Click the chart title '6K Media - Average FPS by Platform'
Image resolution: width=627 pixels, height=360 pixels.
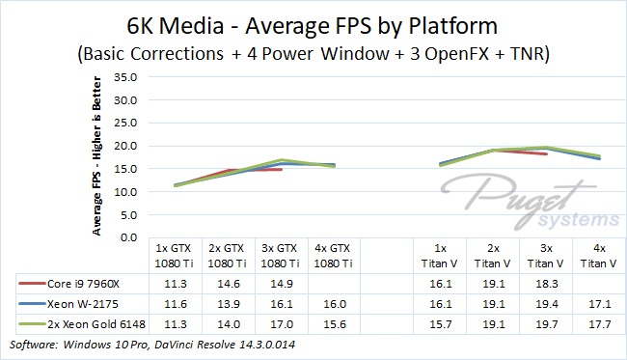point(312,26)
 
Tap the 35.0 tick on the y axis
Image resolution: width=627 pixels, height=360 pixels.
point(125,77)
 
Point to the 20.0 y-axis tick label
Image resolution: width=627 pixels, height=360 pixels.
point(125,146)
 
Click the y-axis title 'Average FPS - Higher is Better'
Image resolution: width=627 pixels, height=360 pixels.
point(96,156)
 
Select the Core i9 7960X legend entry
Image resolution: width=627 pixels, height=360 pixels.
point(68,284)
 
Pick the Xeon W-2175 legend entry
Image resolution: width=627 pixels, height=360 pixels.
point(68,304)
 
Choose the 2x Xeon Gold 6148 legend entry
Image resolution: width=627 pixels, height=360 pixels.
point(82,324)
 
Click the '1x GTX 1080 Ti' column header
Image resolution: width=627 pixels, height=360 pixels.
point(174,256)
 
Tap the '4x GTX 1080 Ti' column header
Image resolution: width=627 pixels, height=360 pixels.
point(333,256)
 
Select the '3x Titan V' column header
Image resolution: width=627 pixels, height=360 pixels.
point(546,256)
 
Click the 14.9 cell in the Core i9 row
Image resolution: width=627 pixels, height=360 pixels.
point(282,284)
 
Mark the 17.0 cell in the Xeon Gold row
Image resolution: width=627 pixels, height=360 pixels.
point(282,324)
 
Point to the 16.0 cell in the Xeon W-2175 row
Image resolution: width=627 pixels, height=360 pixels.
point(335,304)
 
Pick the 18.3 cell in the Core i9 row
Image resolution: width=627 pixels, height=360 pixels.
point(547,284)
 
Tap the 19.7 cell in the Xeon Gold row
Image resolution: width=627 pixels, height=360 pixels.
point(547,324)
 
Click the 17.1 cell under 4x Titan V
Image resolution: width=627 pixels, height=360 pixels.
point(600,304)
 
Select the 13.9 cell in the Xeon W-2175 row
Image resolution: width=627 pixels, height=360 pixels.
point(229,304)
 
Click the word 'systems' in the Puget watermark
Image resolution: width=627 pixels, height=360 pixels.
point(578,220)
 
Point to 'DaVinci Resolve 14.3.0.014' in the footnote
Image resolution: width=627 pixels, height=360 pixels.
point(225,345)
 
